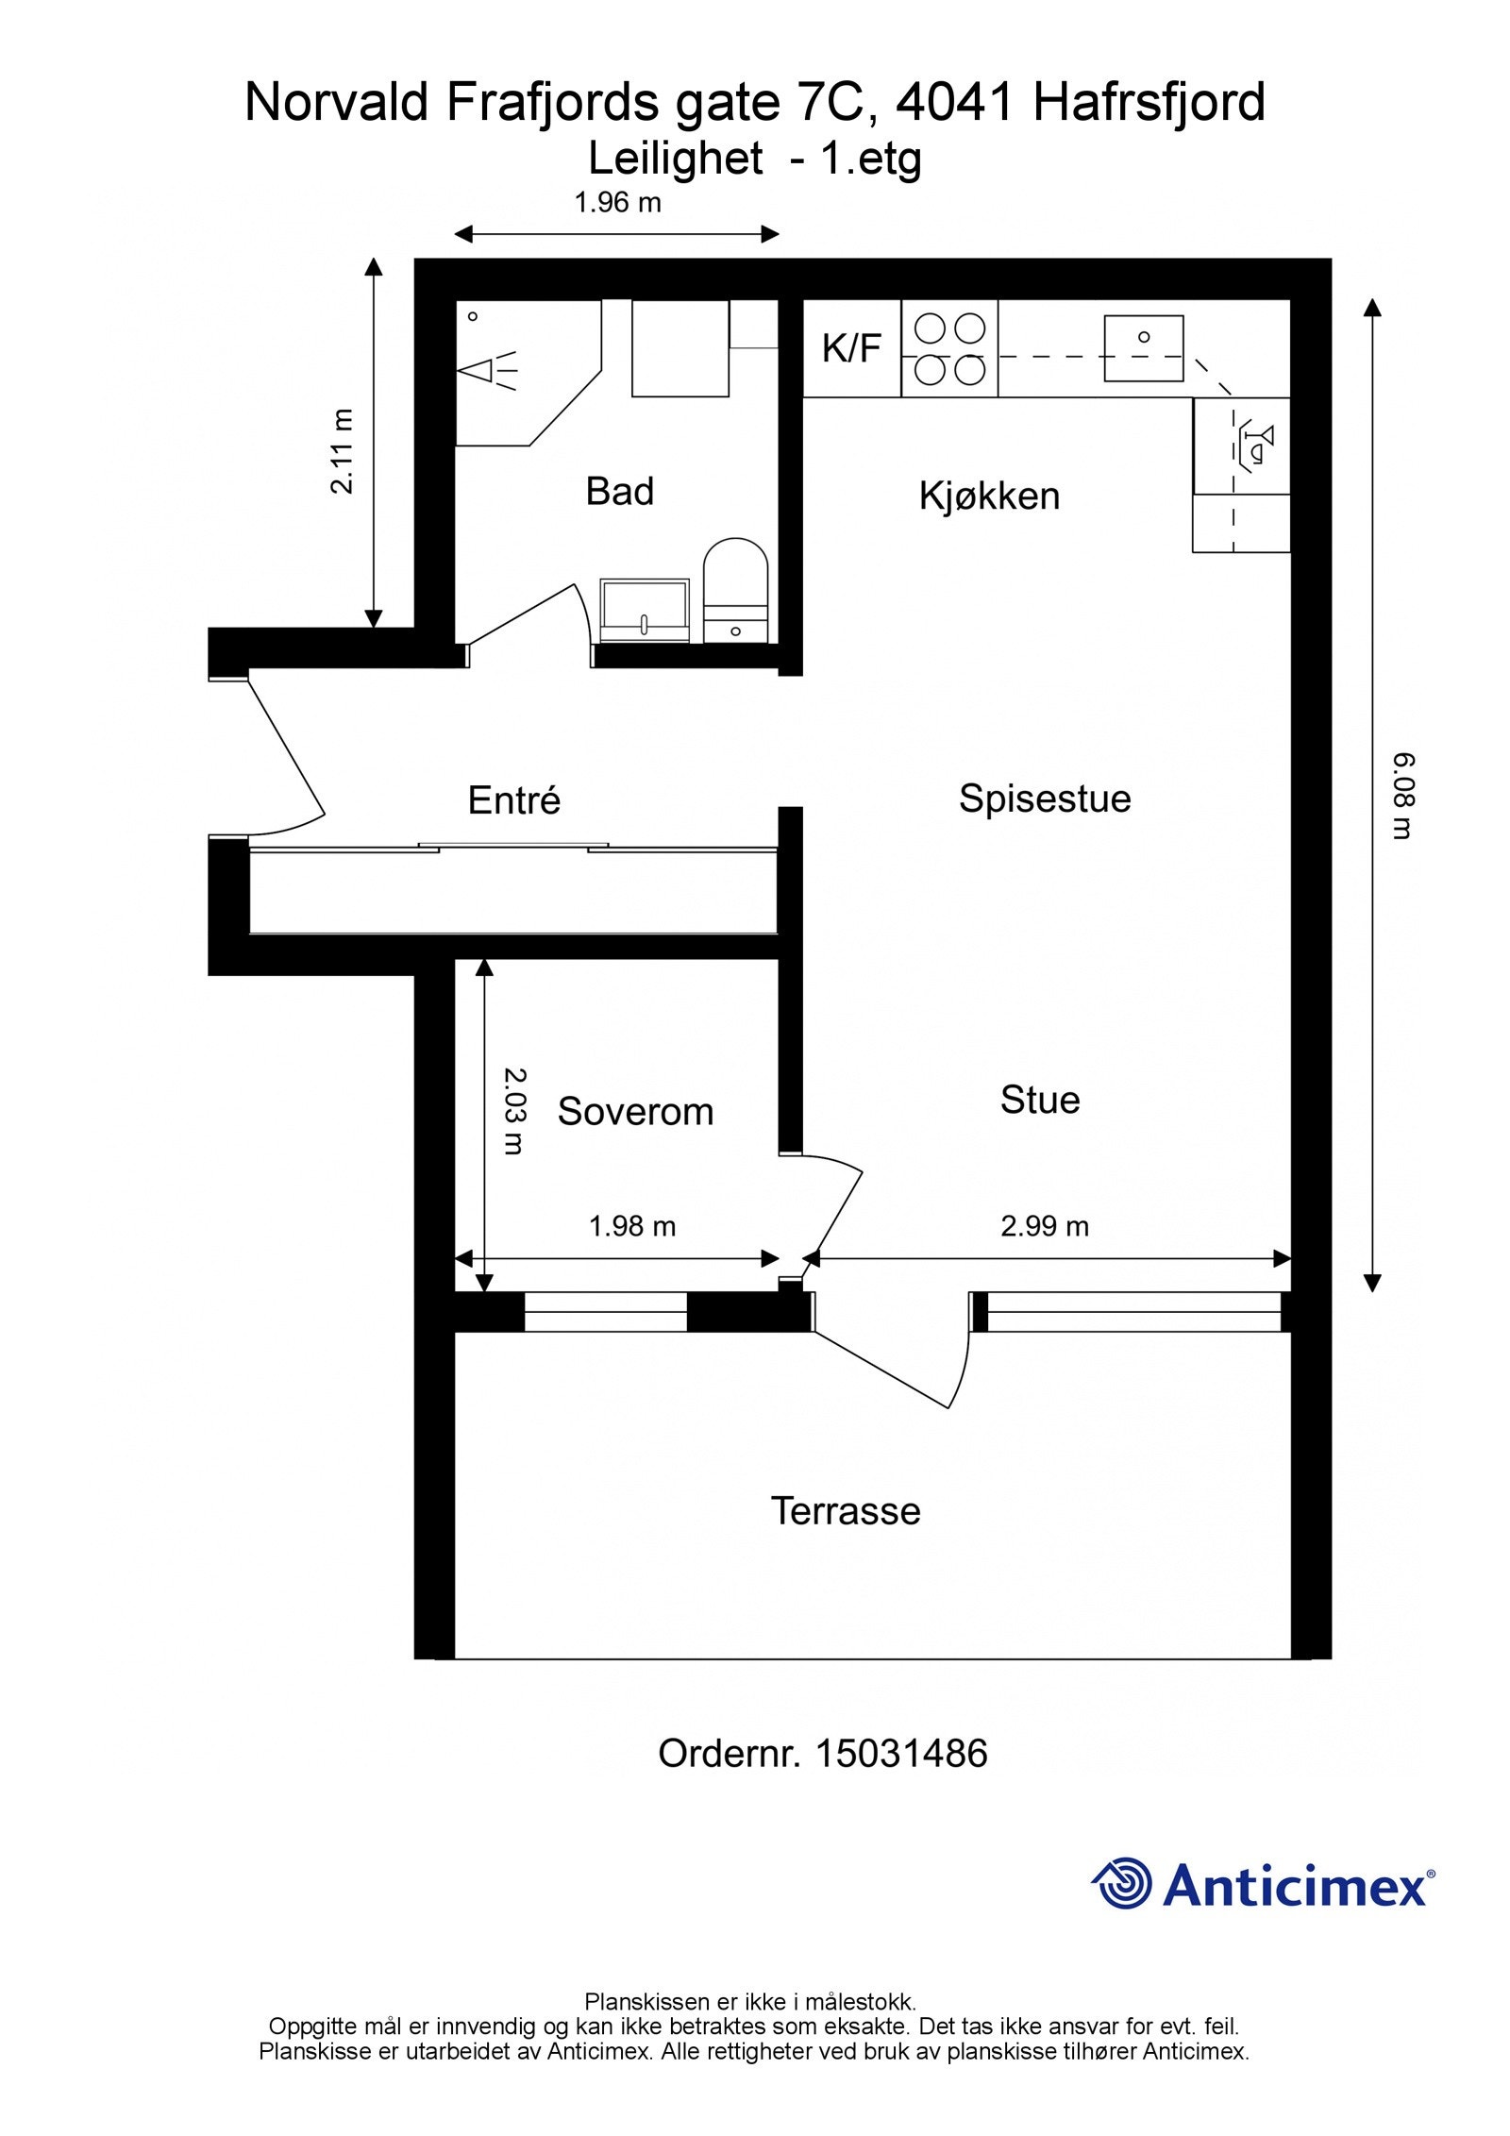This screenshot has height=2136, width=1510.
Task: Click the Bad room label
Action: [619, 492]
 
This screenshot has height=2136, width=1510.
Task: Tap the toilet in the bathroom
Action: [735, 590]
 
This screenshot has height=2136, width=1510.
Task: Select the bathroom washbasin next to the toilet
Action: [645, 611]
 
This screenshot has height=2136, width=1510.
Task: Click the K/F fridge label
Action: [851, 348]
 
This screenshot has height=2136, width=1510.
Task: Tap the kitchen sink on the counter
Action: [1144, 348]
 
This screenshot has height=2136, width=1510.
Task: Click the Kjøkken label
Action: [989, 496]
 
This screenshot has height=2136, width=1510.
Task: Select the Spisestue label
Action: [1045, 799]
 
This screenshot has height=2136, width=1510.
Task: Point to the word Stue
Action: [1040, 1100]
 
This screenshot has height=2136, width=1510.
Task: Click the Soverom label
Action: [635, 1112]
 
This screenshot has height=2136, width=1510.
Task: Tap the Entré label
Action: [514, 800]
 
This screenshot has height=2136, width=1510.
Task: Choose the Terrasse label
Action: [846, 1511]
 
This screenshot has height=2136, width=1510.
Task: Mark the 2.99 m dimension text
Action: [1045, 1226]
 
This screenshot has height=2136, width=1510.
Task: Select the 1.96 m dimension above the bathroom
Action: [618, 202]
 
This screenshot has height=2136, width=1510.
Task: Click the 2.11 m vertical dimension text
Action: [343, 451]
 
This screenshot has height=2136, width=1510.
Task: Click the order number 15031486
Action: [900, 1754]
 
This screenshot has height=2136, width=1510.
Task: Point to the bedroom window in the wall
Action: [606, 1312]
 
